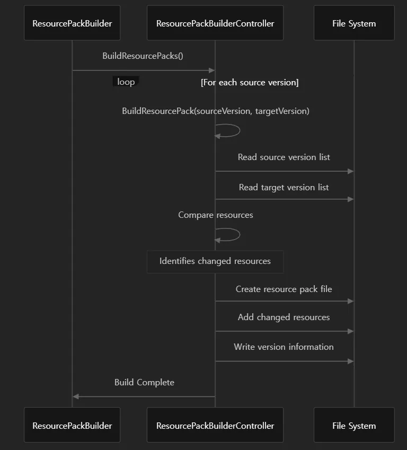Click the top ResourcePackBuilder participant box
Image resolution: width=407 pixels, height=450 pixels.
tap(72, 23)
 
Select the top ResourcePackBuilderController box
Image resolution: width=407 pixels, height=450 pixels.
tap(215, 23)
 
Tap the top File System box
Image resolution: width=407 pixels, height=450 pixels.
tap(354, 23)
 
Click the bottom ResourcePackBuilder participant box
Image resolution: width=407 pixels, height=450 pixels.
tap(72, 425)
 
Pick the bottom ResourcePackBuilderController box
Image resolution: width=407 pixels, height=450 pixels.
tap(215, 425)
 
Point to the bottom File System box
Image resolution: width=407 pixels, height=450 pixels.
tap(354, 425)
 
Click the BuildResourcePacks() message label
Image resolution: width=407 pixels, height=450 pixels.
tap(143, 56)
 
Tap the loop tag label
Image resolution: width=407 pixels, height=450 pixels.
tap(126, 82)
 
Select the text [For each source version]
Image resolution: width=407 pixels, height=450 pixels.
tap(250, 82)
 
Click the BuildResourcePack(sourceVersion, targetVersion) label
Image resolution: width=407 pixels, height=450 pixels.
tap(216, 111)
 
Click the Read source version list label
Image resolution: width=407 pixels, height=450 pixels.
tap(284, 157)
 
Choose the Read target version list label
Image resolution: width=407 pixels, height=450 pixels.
tap(284, 188)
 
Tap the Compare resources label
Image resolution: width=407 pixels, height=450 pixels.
tap(216, 215)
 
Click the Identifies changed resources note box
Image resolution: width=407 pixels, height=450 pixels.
tap(215, 261)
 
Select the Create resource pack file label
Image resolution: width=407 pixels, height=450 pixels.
tap(284, 289)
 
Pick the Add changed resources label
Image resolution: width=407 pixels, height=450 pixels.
tap(284, 317)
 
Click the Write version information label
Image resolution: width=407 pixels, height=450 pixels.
tap(284, 347)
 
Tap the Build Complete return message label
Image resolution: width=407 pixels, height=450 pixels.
tap(144, 383)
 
